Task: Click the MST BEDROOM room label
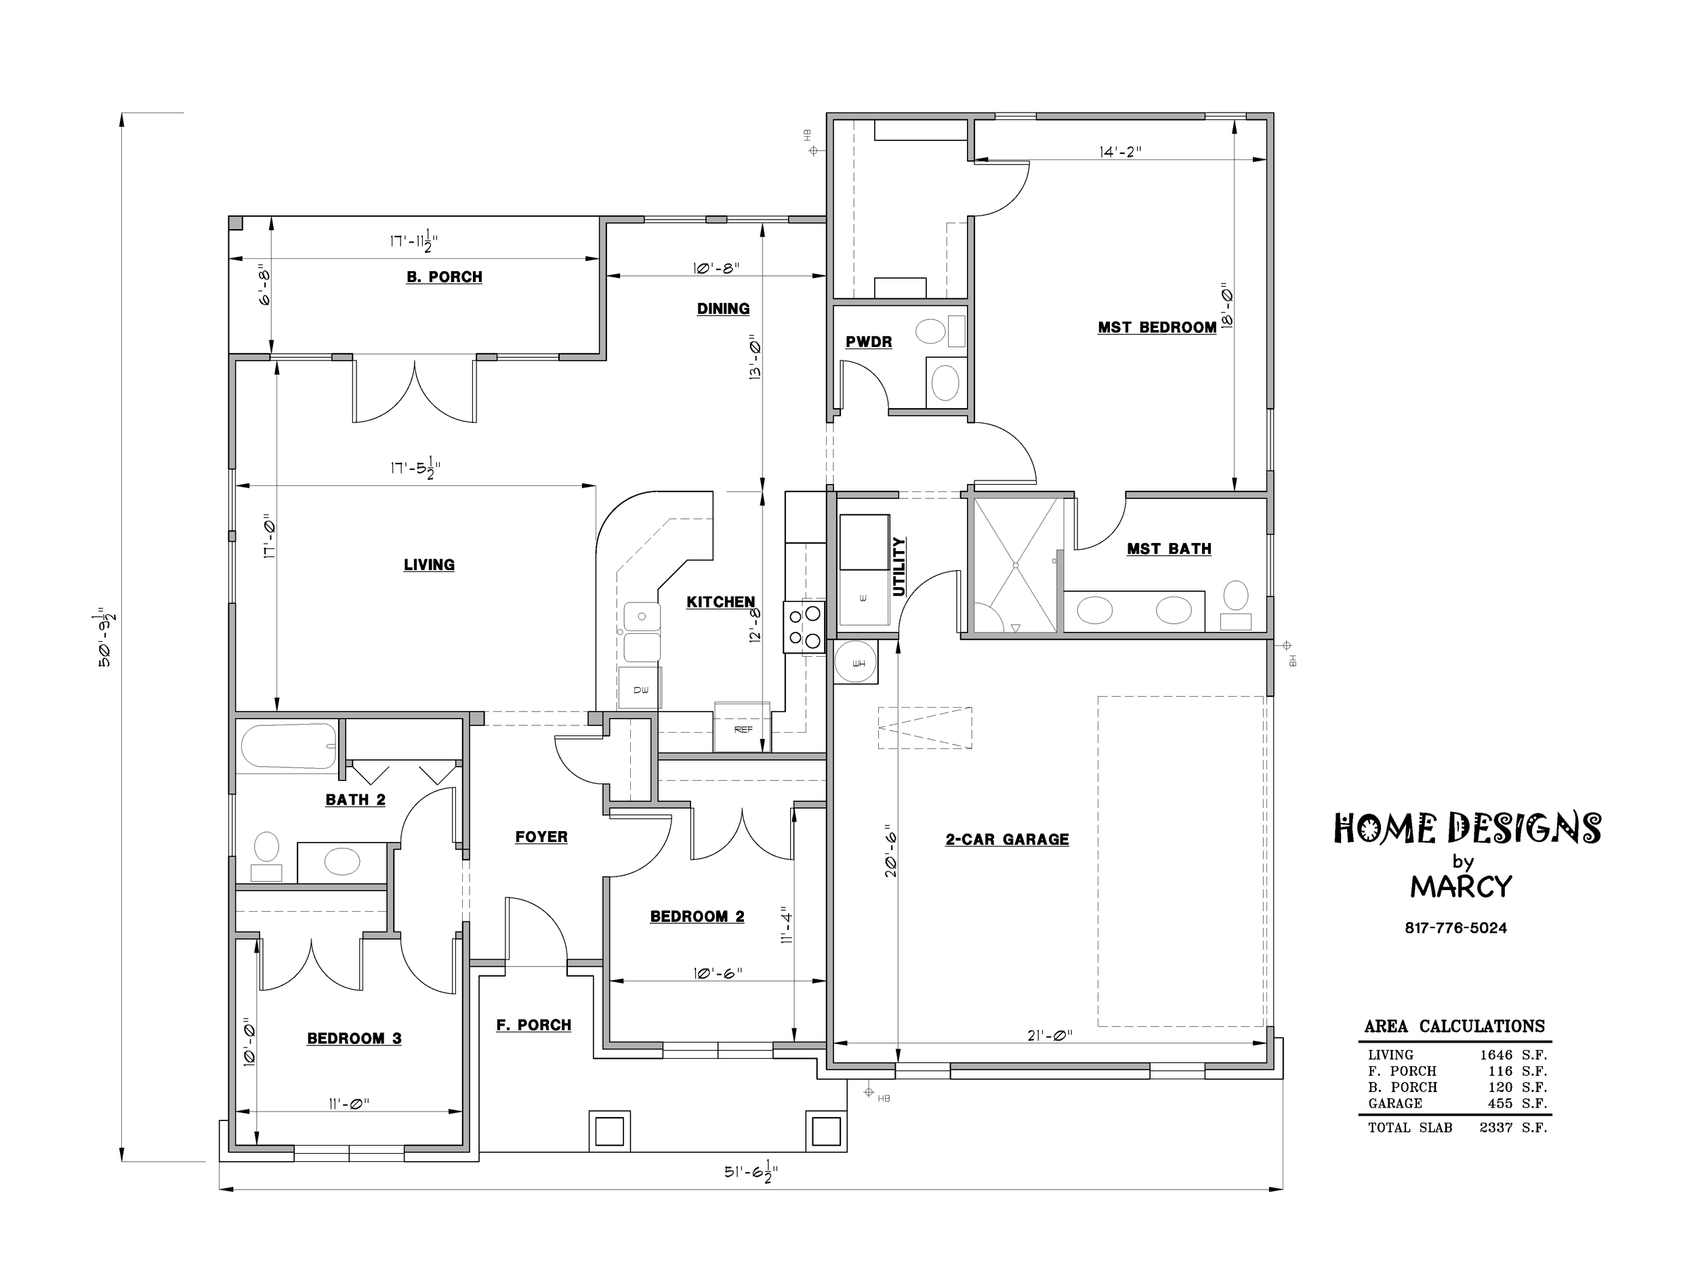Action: (x=1157, y=327)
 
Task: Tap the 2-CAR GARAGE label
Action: (x=1007, y=839)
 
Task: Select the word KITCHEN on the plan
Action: (x=721, y=601)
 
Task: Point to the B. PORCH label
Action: (x=445, y=277)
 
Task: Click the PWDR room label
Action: (x=869, y=342)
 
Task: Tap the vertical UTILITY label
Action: (x=899, y=566)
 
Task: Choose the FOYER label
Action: (x=541, y=836)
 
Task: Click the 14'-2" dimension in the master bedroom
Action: (x=1120, y=152)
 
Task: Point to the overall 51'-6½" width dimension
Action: (x=751, y=1172)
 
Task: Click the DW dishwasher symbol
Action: (x=640, y=689)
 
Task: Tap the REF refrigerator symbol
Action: (x=742, y=728)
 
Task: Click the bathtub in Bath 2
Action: (x=288, y=746)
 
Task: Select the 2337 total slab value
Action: (x=1495, y=1128)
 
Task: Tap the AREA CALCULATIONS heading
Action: (x=1454, y=1026)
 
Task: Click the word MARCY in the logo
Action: (x=1461, y=887)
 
